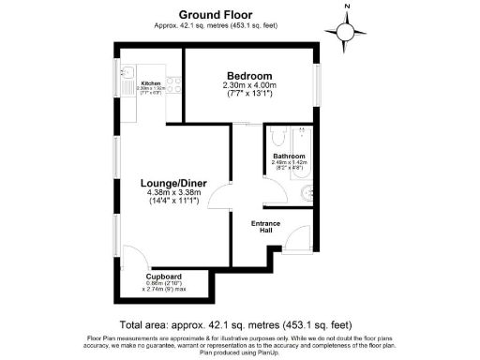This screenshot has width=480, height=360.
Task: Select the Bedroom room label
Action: coord(249,76)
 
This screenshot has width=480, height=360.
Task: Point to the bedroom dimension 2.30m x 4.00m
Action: coord(249,86)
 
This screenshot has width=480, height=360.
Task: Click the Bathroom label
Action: coord(289,156)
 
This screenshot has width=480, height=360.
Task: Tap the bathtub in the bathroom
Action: coord(290,136)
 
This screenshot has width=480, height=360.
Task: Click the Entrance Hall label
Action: coord(263,227)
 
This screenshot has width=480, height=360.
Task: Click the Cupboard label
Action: coord(162,277)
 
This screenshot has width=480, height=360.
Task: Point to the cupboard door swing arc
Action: coord(134,257)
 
